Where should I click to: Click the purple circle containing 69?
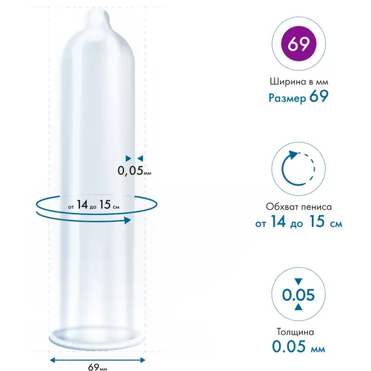click(299, 44)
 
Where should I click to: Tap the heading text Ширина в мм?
click(299, 82)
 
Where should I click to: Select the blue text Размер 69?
click(299, 97)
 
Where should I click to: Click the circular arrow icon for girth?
click(298, 168)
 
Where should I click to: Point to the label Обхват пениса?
click(299, 207)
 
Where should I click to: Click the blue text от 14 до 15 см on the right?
click(299, 222)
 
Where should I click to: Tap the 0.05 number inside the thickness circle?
click(299, 295)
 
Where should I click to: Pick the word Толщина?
click(295, 332)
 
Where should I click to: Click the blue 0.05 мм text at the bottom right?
click(299, 346)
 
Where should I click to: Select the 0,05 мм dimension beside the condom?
click(134, 171)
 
